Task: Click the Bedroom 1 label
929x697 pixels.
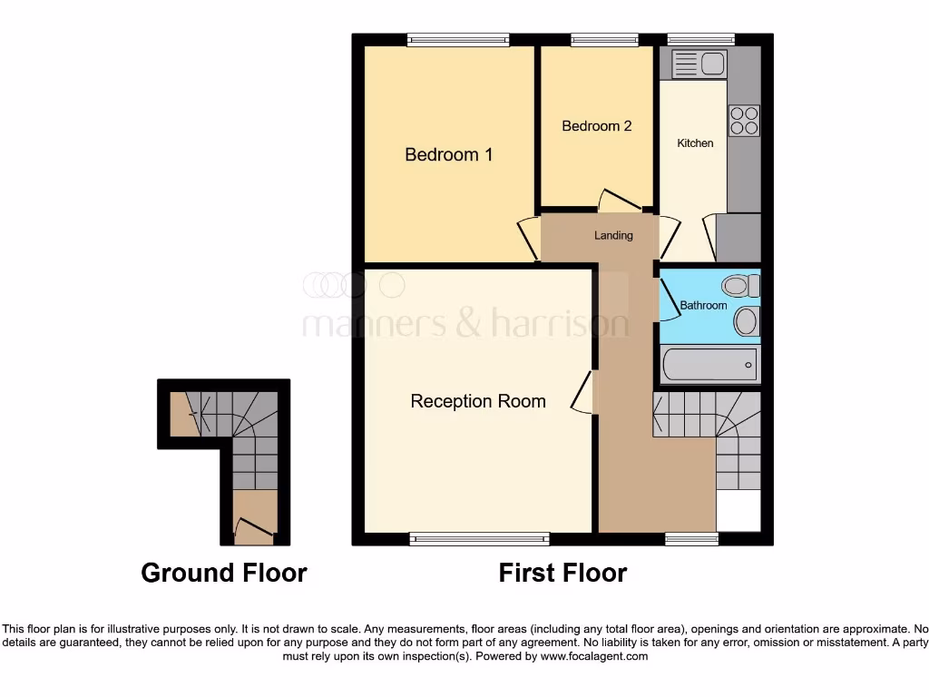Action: tap(448, 155)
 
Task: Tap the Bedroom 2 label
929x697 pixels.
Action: tap(596, 126)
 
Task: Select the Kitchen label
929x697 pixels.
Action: tap(695, 143)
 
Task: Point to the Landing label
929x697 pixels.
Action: tap(613, 236)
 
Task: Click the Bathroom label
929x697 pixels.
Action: tap(703, 306)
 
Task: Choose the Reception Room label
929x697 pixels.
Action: tap(478, 401)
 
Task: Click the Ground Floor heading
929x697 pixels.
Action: tap(224, 573)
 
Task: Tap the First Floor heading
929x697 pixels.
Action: tap(562, 573)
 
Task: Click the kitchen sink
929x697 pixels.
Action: tap(699, 64)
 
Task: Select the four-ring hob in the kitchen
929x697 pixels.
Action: tap(744, 121)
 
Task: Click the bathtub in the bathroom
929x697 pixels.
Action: tap(709, 365)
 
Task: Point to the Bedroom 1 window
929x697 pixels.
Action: tap(457, 39)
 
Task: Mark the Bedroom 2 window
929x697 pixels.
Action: tap(604, 39)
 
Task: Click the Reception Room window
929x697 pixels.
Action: tap(479, 539)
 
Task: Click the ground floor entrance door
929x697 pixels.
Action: tap(253, 529)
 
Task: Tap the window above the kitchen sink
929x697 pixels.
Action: tap(700, 39)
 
